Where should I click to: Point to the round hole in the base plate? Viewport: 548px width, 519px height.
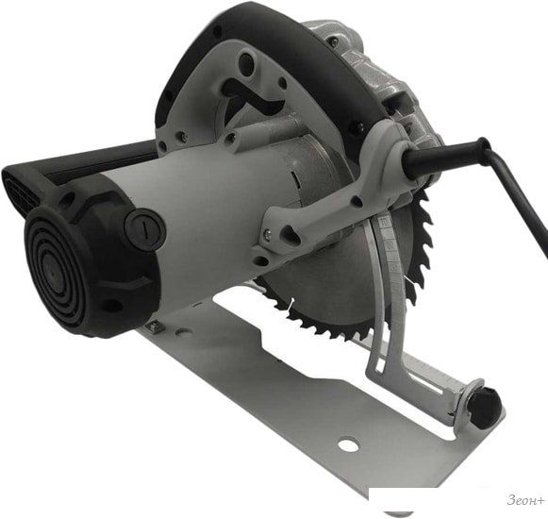349,444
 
